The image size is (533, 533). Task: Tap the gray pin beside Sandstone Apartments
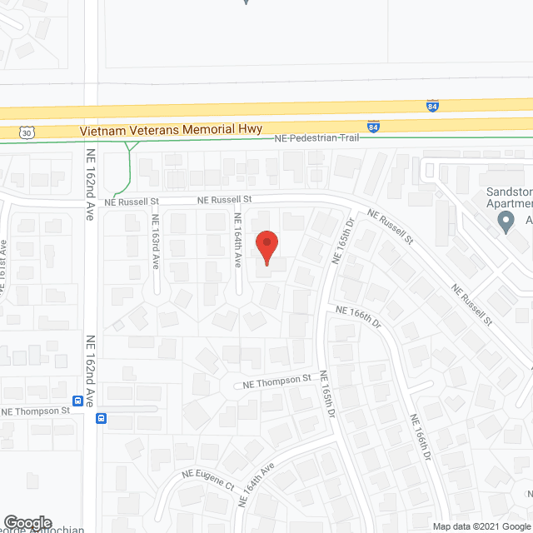click(505, 222)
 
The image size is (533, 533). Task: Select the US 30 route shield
click(27, 132)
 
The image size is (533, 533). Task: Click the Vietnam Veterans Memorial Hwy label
click(171, 130)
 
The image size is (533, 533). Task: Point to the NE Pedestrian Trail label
click(317, 137)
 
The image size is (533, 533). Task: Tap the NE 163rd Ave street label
click(155, 241)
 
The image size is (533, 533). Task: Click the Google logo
click(26, 522)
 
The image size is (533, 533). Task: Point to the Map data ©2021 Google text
click(481, 526)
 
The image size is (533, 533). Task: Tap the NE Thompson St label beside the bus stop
click(36, 411)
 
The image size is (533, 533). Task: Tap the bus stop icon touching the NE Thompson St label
click(77, 401)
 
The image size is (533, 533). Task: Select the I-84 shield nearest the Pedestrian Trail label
click(373, 126)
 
